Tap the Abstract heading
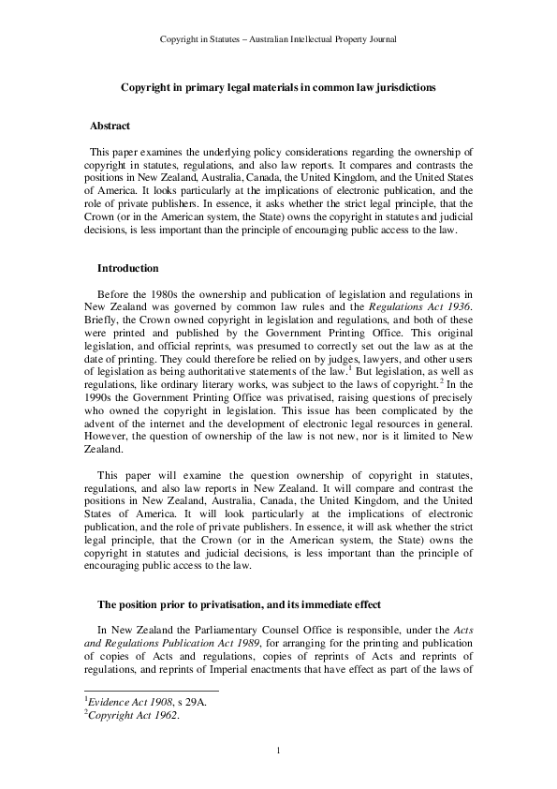tap(110, 126)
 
